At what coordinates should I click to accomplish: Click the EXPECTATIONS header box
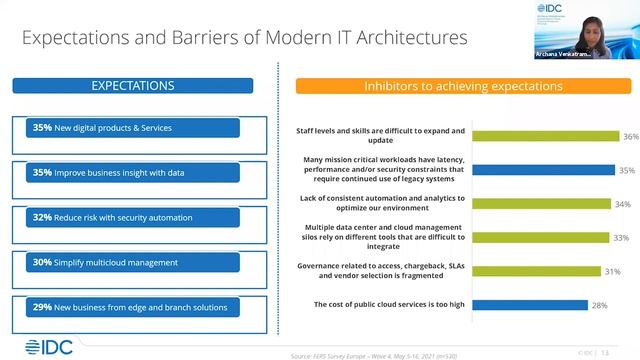pyautogui.click(x=133, y=87)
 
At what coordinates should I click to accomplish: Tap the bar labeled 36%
pyautogui.click(x=536, y=136)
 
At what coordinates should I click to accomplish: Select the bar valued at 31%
pyautogui.click(x=526, y=271)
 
